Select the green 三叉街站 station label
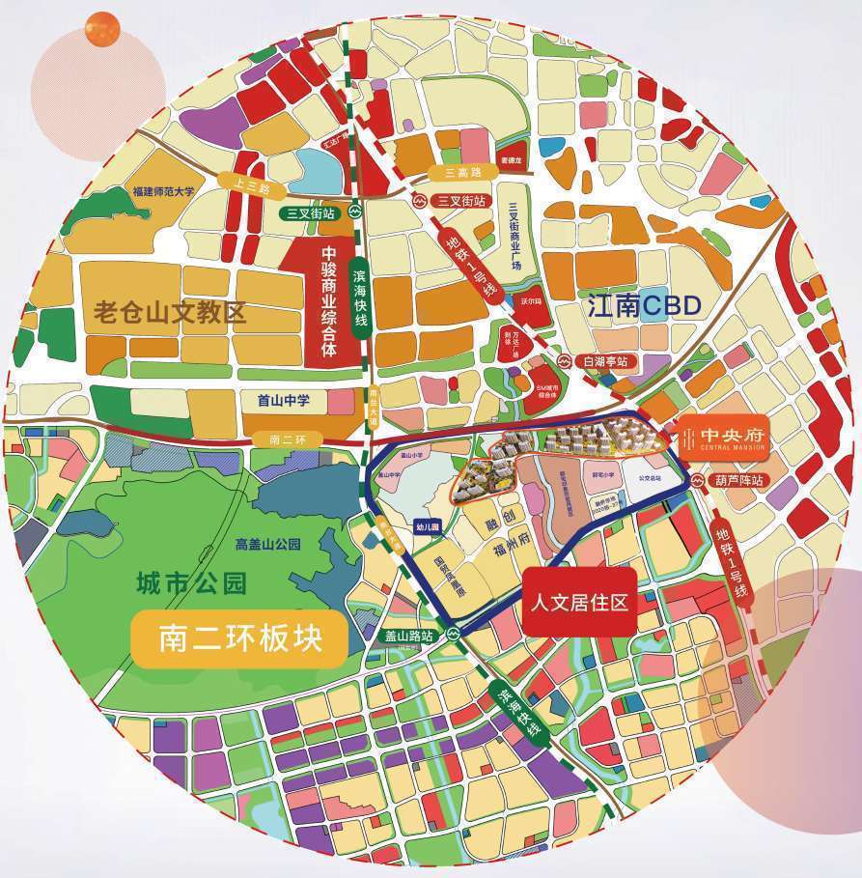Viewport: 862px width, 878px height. [311, 213]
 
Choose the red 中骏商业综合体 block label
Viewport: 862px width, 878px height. [328, 301]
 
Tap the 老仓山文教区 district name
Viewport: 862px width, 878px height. [170, 312]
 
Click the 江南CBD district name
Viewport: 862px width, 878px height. [643, 307]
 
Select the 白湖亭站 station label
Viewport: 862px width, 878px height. [605, 361]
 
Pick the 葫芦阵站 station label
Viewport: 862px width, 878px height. [738, 479]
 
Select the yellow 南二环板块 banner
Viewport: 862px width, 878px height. [237, 638]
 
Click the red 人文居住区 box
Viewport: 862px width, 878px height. [579, 601]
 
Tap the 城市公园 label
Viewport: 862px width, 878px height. [192, 583]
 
